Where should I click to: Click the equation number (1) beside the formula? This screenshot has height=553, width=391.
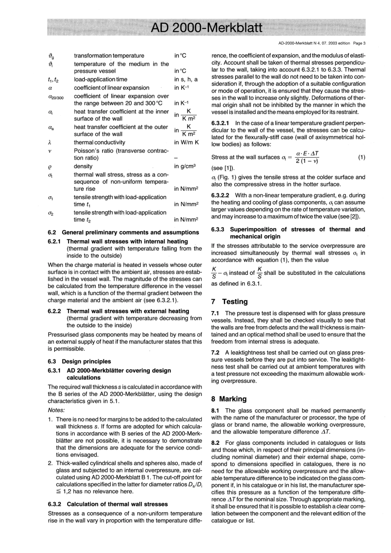pyautogui.click(x=361, y=157)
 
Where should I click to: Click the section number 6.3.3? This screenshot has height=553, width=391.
pyautogui.click(x=218, y=229)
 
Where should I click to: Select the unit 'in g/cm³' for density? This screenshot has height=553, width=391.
pyautogui.click(x=185, y=166)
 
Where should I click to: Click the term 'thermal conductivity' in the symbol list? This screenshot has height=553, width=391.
pyautogui.click(x=100, y=142)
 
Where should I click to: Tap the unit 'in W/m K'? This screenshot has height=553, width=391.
pyautogui.click(x=186, y=142)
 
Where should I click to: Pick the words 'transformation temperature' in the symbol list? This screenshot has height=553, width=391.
pyautogui.click(x=109, y=56)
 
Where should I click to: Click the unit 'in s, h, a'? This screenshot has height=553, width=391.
pyautogui.click(x=186, y=79)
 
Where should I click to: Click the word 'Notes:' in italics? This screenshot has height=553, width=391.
pyautogui.click(x=56, y=410)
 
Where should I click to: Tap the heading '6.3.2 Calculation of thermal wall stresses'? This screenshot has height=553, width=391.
pyautogui.click(x=108, y=504)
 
